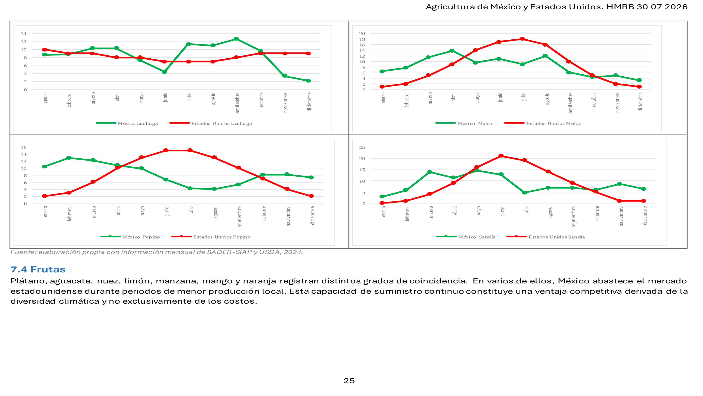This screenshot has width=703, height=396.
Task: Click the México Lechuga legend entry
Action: tap(127, 123)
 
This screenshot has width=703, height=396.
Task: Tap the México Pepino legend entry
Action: tap(130, 237)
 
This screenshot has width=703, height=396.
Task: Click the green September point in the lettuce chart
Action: tap(236, 39)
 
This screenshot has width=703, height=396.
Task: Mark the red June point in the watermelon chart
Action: tap(501, 156)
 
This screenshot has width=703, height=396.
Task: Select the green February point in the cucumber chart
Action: tap(69, 158)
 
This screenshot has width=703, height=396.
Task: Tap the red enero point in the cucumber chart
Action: tap(44, 196)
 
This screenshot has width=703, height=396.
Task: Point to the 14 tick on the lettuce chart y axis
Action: tap(24, 34)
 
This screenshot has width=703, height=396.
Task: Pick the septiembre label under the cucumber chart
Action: tap(240, 217)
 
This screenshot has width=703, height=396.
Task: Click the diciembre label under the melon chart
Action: tap(640, 102)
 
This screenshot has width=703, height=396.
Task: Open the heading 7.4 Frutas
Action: tap(38, 269)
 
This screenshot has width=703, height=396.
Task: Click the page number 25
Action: tap(349, 381)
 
